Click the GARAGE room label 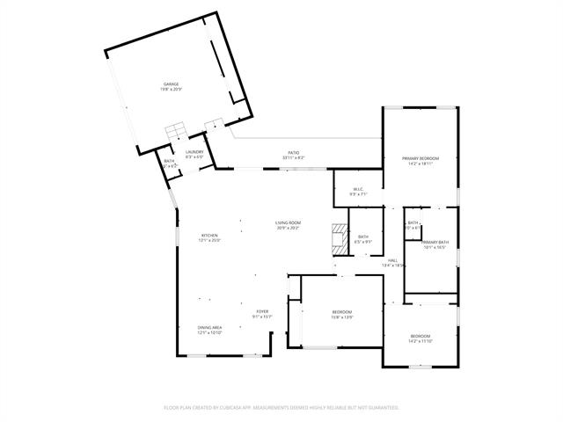coord(170,84)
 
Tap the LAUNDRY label coord(194,152)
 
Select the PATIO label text coord(293,152)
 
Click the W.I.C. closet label coord(358,189)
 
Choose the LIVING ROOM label coord(288,223)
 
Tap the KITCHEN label coord(209,236)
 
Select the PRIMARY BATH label coord(435,242)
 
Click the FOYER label coord(262,312)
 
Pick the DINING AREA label coord(209,328)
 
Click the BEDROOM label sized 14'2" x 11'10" coord(420,337)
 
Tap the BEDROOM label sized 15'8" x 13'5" coord(341,313)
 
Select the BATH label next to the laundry coord(169,161)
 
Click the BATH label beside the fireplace coord(362,236)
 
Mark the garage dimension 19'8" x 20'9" coord(170,90)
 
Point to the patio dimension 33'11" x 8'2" coord(293,157)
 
